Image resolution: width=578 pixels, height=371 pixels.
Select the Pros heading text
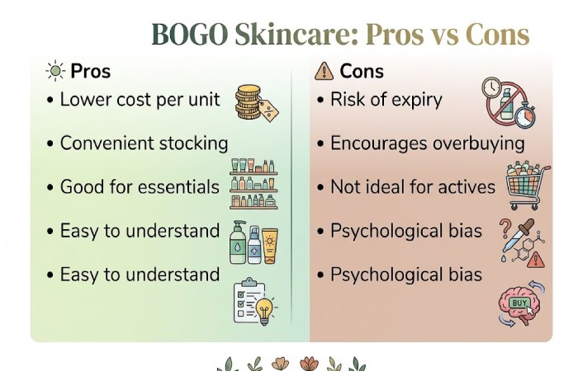90,72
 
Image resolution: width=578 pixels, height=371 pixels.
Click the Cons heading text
362,72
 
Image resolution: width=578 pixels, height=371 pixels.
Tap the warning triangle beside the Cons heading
325,72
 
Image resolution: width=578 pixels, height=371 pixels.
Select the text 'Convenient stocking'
144,143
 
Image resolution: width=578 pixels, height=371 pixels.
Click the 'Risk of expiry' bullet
386,100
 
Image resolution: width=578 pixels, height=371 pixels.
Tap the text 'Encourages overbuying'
427,143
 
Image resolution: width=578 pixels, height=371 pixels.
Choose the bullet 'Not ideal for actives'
412,186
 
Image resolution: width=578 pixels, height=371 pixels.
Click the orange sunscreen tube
270,244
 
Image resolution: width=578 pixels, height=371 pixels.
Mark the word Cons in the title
495,35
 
